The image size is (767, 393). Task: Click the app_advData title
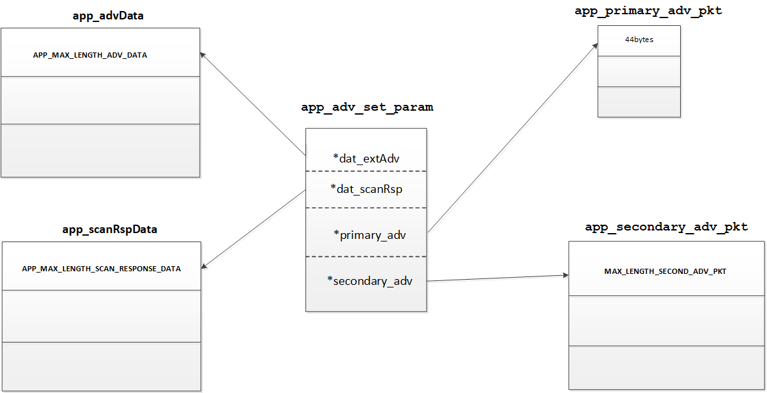(108, 16)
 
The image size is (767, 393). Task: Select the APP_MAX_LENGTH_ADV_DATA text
(90, 55)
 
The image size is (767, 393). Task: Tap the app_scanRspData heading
(110, 229)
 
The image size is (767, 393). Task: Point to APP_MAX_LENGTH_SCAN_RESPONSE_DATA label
(101, 268)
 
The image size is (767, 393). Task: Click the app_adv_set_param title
(367, 107)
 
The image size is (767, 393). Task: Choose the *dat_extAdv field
(366, 157)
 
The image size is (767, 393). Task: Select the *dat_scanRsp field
(366, 189)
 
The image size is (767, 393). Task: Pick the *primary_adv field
(370, 234)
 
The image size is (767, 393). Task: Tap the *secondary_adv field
(370, 280)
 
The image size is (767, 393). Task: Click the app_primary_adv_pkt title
(648, 12)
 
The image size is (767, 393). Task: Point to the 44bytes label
(639, 39)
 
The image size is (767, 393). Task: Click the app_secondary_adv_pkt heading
(666, 227)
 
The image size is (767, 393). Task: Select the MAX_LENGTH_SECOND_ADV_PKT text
(665, 271)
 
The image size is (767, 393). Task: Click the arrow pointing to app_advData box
(253, 104)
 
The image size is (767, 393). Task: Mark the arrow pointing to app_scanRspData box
(254, 229)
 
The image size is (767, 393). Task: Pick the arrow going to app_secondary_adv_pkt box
(497, 278)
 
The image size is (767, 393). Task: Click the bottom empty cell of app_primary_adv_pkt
(639, 102)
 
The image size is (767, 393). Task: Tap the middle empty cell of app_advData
(100, 100)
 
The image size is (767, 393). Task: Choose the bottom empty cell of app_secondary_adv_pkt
(666, 367)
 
